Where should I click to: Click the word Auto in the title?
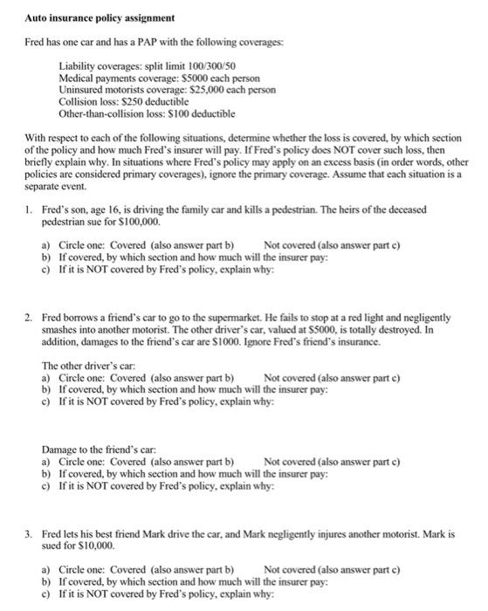(38, 17)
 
